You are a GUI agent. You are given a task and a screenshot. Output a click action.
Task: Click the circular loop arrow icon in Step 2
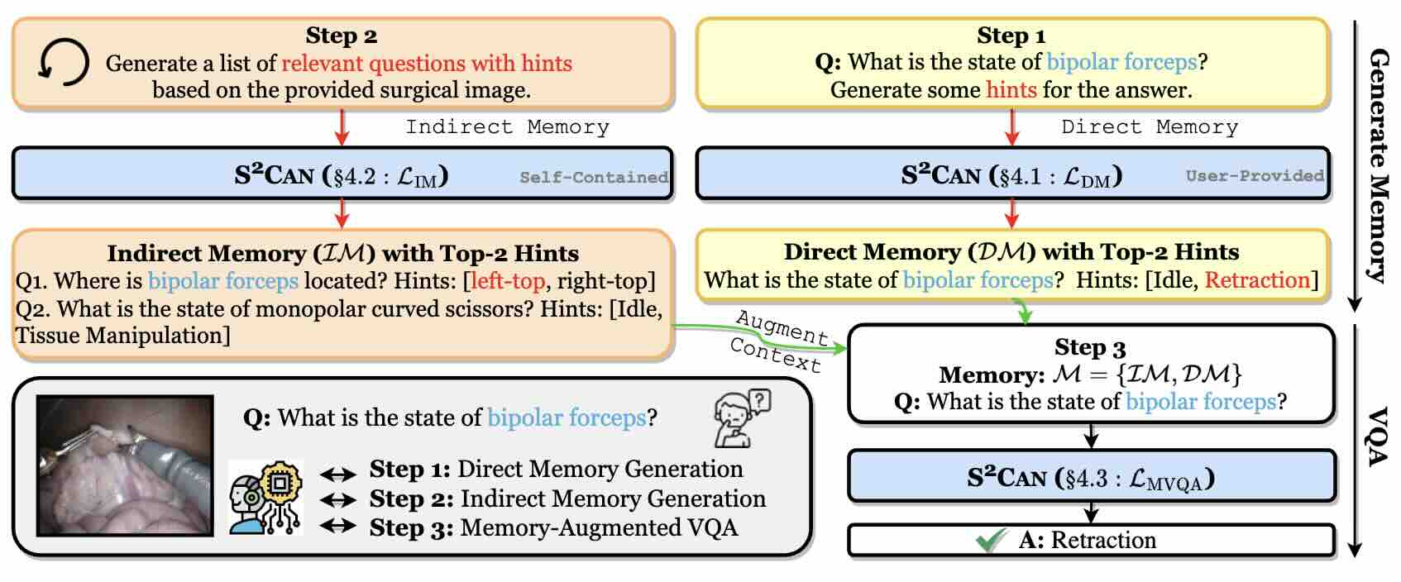(x=63, y=63)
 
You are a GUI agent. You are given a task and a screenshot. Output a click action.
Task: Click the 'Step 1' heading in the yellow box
(x=1011, y=36)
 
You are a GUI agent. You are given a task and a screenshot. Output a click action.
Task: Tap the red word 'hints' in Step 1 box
(x=1011, y=89)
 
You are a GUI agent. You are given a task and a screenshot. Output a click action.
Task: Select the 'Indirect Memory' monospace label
(x=507, y=127)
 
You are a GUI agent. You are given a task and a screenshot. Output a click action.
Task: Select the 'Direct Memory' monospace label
(x=1150, y=127)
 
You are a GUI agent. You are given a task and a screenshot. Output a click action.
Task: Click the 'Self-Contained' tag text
(x=593, y=177)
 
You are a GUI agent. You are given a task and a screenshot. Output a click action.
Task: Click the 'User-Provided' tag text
(x=1254, y=175)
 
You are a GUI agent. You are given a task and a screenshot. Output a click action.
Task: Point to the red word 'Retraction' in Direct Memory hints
(x=1257, y=280)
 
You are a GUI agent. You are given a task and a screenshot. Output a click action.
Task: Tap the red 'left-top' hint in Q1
(x=507, y=281)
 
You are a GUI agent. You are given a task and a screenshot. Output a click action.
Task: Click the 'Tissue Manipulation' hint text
(x=122, y=336)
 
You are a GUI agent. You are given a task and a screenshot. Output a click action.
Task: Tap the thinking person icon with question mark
(x=741, y=418)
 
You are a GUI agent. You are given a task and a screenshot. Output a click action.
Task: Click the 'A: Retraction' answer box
(x=1091, y=541)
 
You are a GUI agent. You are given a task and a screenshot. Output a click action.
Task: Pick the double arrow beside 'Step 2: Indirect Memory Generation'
(x=337, y=499)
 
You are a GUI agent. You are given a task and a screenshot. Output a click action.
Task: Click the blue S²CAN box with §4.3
(x=1091, y=477)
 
